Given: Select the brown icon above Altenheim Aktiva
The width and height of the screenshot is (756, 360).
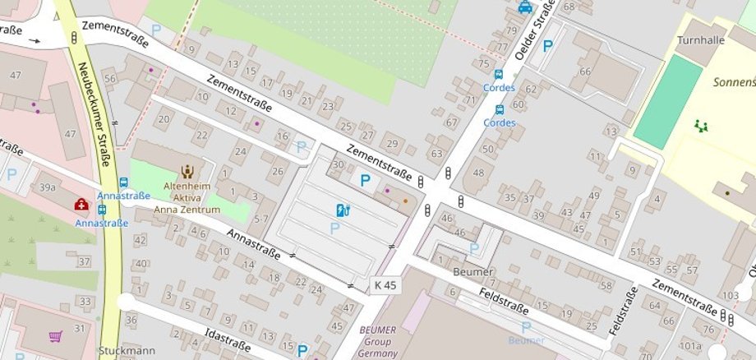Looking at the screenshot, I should coord(187,172).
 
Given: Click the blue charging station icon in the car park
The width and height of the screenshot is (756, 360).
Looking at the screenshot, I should coord(343,210).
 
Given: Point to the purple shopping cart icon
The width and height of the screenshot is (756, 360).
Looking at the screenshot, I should coord(56,336).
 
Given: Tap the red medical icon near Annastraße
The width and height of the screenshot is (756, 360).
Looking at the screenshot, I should coord(82,204).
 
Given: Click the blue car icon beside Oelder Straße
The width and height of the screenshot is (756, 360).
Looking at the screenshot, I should coord(525,7).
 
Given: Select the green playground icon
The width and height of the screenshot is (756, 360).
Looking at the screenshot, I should coord(701,126).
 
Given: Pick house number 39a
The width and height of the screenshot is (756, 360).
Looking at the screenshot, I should coord(48,187).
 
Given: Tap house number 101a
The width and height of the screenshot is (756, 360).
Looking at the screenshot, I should coord(689,345).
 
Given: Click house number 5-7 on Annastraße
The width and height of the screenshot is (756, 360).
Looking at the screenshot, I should coord(261,219).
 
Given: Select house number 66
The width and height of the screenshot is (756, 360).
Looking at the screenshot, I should coord(585,72).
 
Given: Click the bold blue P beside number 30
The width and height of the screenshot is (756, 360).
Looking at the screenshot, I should coord(366,180).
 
